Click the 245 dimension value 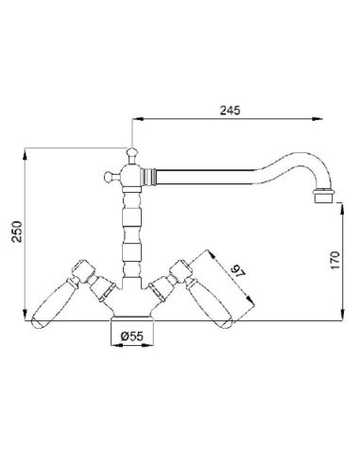(x=230, y=111)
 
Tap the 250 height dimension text (x=17, y=232)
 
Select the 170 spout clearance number (x=335, y=260)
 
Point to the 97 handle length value (x=237, y=272)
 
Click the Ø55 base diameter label (x=132, y=336)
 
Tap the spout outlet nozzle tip (x=323, y=196)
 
